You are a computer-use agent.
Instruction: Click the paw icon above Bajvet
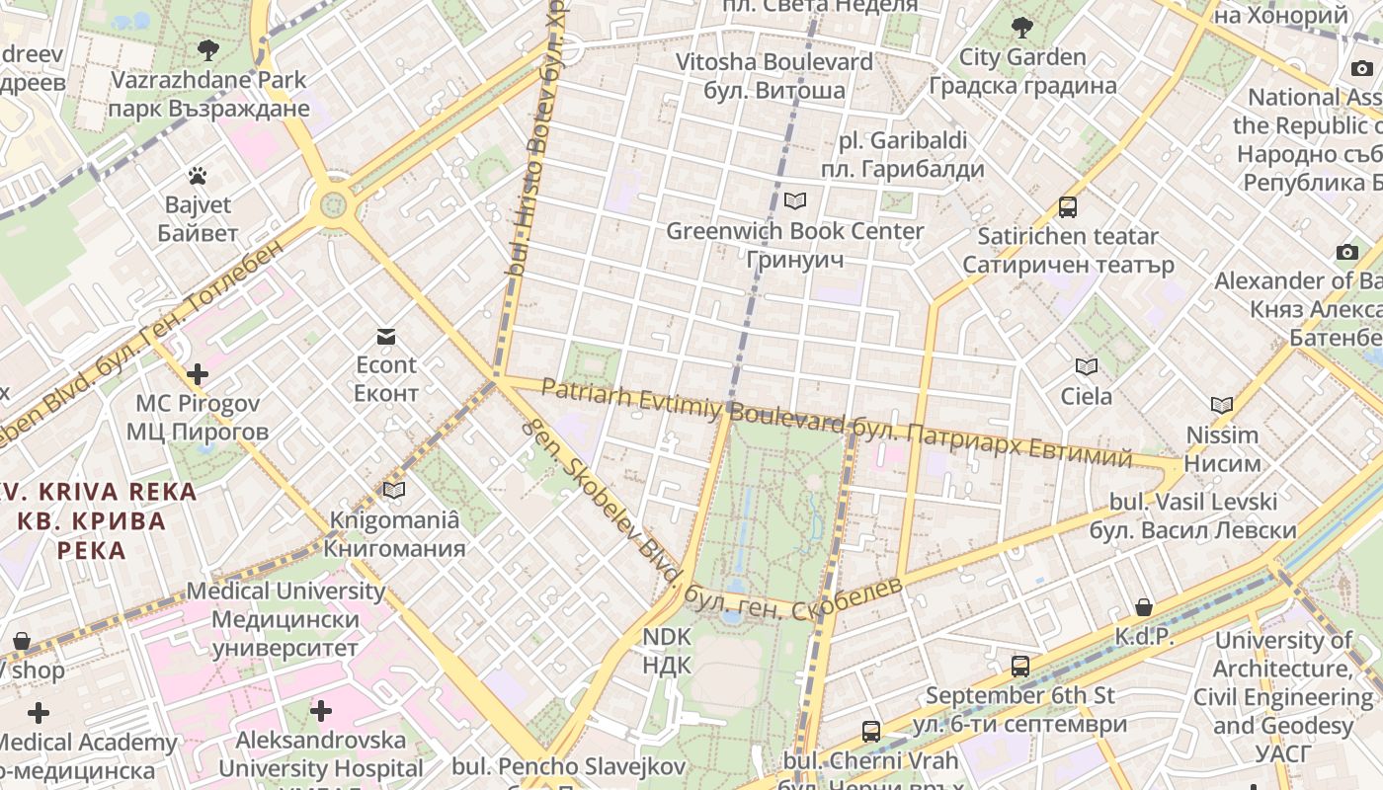point(198,176)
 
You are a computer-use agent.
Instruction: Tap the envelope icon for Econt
point(385,337)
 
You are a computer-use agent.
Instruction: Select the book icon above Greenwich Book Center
point(794,201)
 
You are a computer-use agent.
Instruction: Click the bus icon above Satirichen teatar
point(1067,207)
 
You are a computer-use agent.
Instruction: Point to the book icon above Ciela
point(1086,367)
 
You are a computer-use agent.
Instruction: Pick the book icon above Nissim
point(1222,405)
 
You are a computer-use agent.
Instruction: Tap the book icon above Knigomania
point(393,490)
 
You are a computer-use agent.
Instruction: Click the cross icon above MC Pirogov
point(198,374)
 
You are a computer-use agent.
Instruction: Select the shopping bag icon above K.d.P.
point(1143,607)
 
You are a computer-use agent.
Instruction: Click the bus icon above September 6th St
point(1019,667)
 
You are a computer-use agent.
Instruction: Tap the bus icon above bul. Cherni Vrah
point(870,732)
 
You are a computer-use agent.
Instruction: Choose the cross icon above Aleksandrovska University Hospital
point(320,710)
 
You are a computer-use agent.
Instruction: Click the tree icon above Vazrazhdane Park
point(207,49)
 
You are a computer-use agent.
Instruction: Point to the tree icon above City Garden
point(1021,27)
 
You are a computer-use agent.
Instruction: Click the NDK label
point(667,651)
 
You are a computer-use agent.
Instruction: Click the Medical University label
point(285,619)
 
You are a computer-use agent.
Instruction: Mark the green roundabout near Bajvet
point(333,206)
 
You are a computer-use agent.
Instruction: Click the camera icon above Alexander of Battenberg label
point(1346,252)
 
